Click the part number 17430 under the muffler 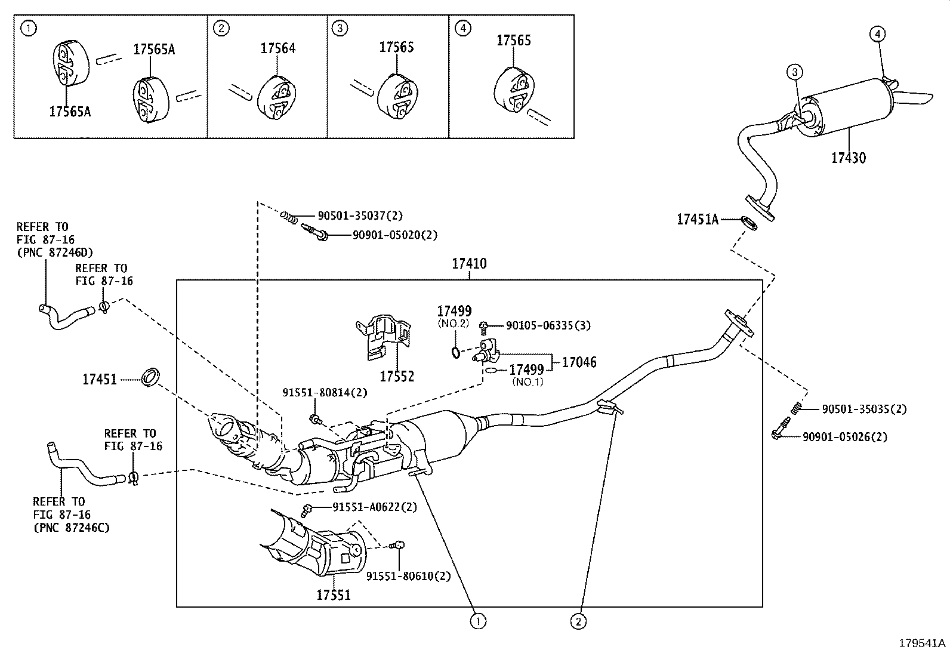pyautogui.click(x=849, y=158)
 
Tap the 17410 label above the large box pyautogui.click(x=469, y=263)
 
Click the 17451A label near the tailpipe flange pyautogui.click(x=697, y=220)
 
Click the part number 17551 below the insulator pyautogui.click(x=333, y=595)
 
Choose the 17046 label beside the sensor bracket pyautogui.click(x=579, y=362)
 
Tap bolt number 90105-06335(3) pyautogui.click(x=548, y=325)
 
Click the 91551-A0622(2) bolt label pyautogui.click(x=374, y=507)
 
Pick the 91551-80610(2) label pyautogui.click(x=408, y=576)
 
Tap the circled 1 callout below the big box pyautogui.click(x=477, y=621)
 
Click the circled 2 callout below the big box pyautogui.click(x=578, y=621)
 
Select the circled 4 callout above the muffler pyautogui.click(x=877, y=34)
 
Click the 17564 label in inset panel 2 pyautogui.click(x=277, y=49)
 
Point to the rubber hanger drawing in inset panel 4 pyautogui.click(x=513, y=90)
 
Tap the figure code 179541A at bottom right pyautogui.click(x=923, y=643)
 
